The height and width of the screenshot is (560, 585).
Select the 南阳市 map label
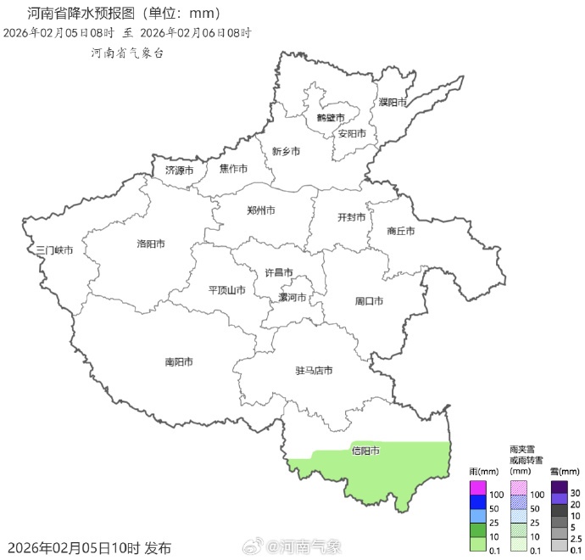tap(179, 362)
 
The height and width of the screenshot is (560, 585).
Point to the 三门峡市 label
tap(54, 251)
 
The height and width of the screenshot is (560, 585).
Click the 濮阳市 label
tap(393, 102)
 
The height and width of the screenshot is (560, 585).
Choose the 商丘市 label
tap(400, 231)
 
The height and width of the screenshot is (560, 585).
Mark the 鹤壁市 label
tap(331, 117)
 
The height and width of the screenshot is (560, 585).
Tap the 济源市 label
tap(179, 171)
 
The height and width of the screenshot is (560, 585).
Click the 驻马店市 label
tap(314, 371)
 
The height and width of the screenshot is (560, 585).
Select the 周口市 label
tap(369, 301)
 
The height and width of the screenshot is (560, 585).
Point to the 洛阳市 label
tap(151, 244)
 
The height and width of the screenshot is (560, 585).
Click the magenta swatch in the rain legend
tap(478, 488)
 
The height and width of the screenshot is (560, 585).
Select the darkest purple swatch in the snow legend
tap(559, 487)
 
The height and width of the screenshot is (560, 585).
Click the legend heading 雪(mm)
tap(564, 471)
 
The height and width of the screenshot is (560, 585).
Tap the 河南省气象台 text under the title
tap(127, 53)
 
